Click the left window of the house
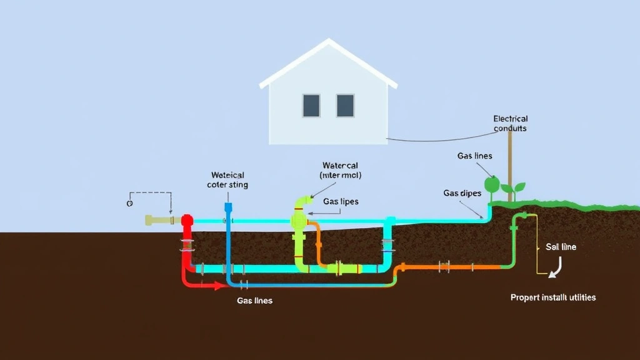pos(311,106)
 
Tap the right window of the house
pos(345,106)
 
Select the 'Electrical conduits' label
pos(510,123)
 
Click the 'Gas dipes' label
pos(462,193)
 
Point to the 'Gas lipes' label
pos(341,202)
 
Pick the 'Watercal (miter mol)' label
pos(340,171)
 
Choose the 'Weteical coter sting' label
pos(227,180)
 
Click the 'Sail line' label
pos(561,247)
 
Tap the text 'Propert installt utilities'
pos(552,297)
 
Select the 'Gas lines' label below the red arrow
pos(254,301)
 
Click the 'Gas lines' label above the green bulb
pos(474,156)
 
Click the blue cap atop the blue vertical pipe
pos(228,207)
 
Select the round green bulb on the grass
pos(492,186)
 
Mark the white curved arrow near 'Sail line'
pos(554,267)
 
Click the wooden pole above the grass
pos(510,162)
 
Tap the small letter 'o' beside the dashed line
pos(129,203)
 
